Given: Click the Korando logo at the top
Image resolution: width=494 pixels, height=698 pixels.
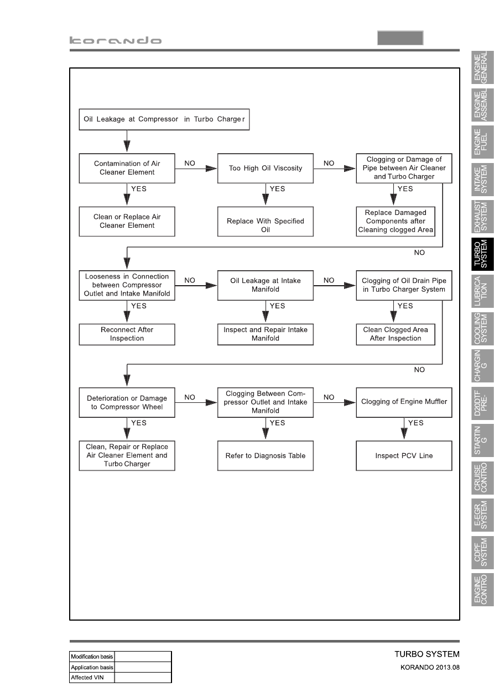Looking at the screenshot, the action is click(116, 40).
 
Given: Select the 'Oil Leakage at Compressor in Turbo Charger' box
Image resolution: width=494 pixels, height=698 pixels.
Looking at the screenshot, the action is click(164, 119).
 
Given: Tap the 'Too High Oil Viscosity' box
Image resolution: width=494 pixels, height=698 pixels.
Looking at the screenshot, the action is click(266, 168).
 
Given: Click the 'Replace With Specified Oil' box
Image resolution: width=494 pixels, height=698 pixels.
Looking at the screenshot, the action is click(266, 222).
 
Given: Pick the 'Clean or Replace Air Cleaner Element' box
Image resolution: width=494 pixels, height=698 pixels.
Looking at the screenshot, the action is click(127, 222).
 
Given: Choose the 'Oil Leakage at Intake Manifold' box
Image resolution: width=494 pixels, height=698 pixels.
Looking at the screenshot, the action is click(266, 285).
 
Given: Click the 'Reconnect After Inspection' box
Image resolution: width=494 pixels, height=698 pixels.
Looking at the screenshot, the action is click(127, 334).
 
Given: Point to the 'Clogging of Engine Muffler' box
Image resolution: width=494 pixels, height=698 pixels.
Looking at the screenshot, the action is click(404, 402).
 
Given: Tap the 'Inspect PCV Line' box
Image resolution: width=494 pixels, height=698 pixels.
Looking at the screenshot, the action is click(404, 455).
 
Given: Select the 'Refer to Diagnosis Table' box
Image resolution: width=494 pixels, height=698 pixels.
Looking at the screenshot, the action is click(266, 455).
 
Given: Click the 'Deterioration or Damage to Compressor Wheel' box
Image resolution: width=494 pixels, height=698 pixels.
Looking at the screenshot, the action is click(127, 402).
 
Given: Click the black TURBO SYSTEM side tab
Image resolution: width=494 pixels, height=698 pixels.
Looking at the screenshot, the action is click(482, 254).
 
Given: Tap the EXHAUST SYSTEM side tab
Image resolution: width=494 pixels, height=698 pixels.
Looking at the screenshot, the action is click(482, 217).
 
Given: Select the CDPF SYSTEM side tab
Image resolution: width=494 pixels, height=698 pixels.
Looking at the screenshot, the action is click(482, 553).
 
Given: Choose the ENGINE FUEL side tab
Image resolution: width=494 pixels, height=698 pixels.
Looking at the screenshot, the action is click(482, 142).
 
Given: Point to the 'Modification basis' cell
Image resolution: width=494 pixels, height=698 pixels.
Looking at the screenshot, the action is click(92, 657).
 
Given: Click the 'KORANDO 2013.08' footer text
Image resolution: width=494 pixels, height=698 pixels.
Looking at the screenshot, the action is click(430, 668).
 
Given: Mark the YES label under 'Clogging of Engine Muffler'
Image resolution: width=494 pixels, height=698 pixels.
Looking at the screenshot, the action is click(415, 423).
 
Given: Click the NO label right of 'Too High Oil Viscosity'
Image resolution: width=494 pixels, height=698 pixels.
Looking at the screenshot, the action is click(329, 163).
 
